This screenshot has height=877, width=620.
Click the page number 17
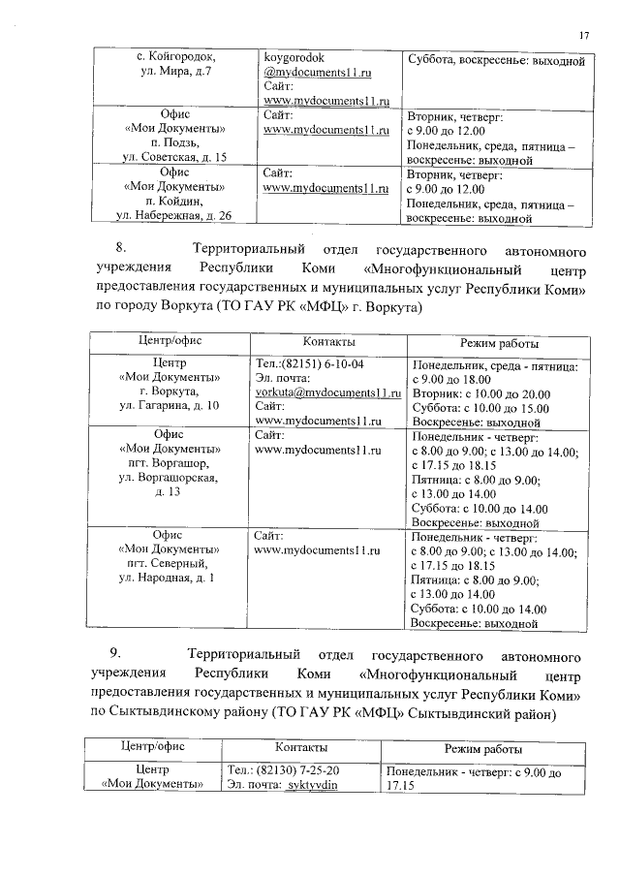point(583,36)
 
